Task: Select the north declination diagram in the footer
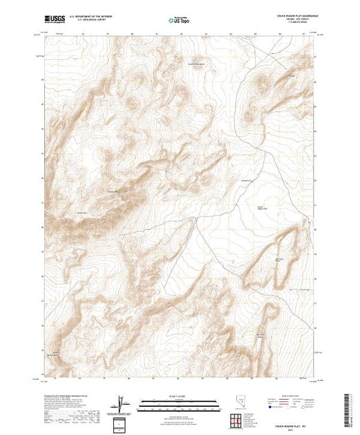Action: click(x=123, y=402)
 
